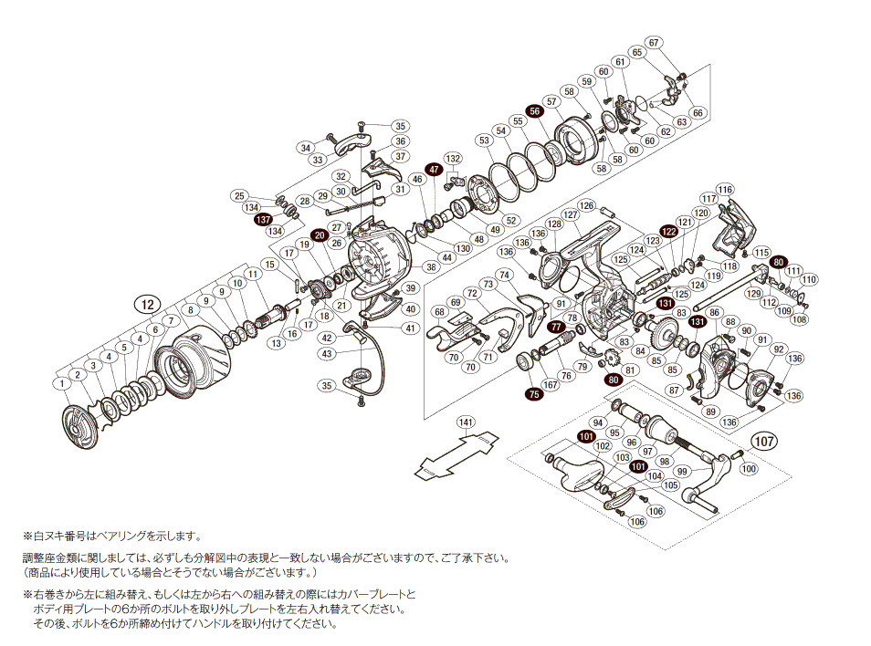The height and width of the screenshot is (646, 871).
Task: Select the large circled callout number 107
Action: (x=765, y=443)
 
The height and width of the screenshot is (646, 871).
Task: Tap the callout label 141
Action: (x=467, y=422)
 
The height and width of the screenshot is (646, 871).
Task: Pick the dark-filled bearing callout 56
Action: (x=535, y=111)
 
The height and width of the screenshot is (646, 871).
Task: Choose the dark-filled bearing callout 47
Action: (x=434, y=170)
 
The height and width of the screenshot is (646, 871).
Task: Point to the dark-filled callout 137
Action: (x=263, y=220)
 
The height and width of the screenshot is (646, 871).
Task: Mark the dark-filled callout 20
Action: (x=320, y=235)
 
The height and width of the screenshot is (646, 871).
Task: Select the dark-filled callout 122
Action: (x=669, y=232)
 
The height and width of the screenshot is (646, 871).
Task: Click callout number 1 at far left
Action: (x=60, y=383)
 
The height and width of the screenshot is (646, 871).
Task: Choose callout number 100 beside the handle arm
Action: (x=748, y=469)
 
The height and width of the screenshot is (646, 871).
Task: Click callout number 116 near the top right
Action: (x=724, y=190)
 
